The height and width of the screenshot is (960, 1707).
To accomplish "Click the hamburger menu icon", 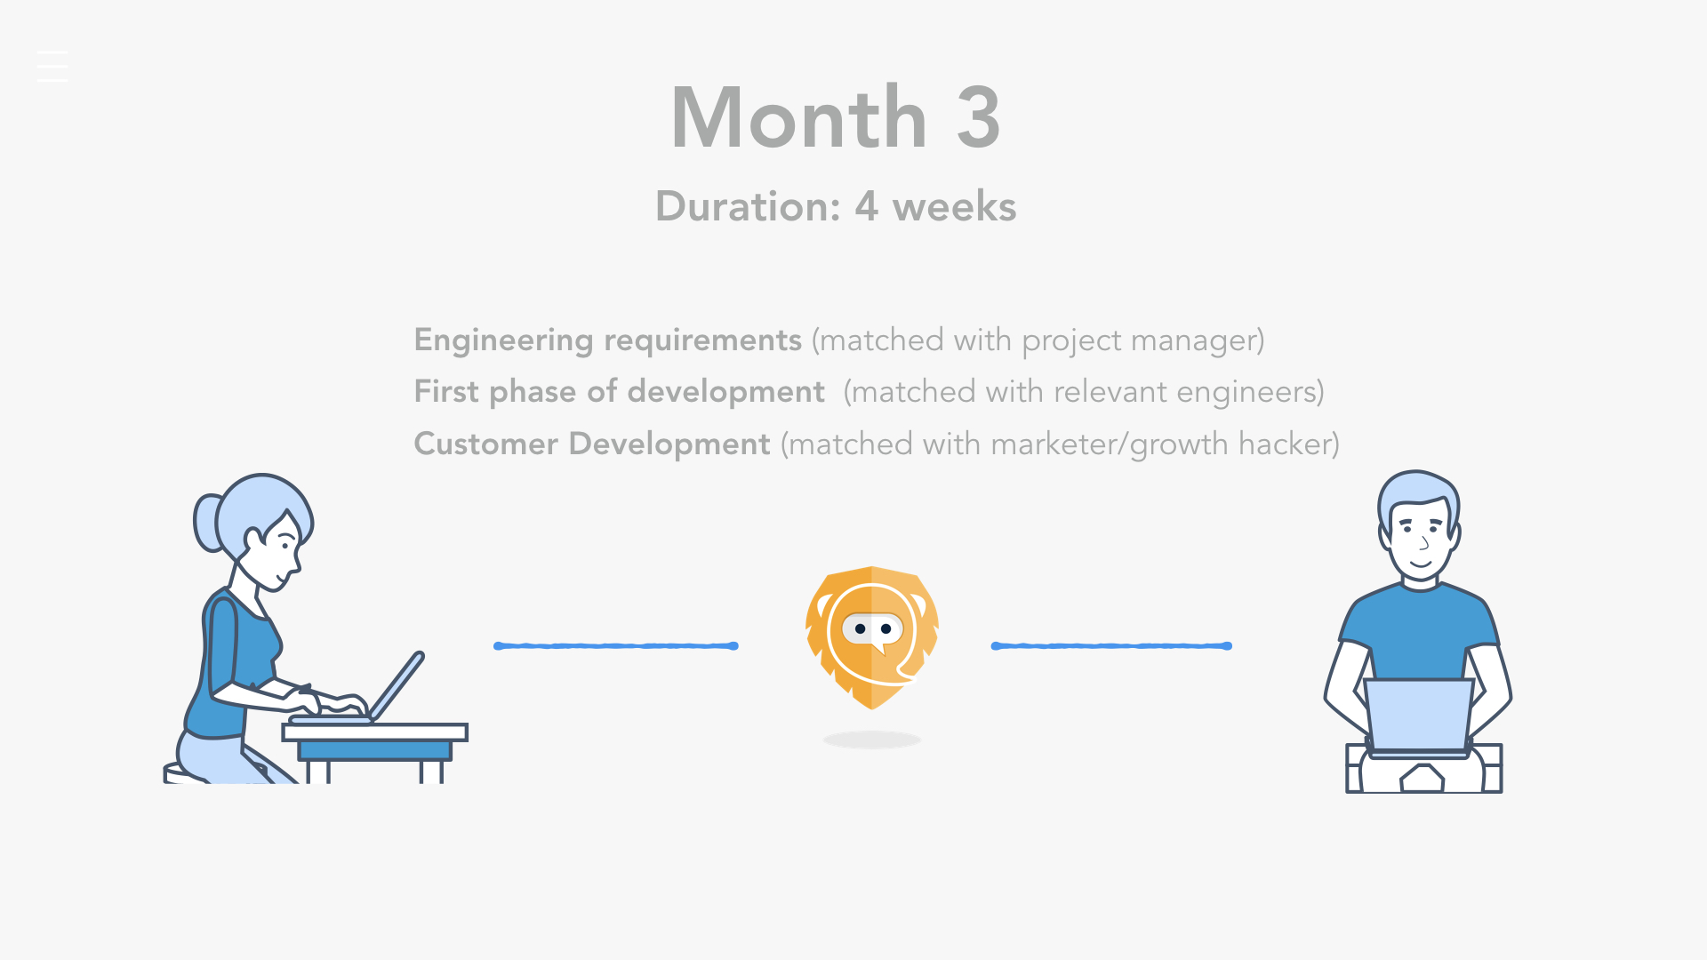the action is (x=52, y=67).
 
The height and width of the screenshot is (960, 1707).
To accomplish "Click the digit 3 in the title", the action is (x=978, y=117).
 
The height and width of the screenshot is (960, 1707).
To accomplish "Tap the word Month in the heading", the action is (x=799, y=117).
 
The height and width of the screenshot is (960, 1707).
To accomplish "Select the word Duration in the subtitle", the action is (x=748, y=206).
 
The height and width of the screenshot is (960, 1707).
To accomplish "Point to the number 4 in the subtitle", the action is (x=867, y=206).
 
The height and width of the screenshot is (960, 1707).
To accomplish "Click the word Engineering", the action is (x=503, y=340).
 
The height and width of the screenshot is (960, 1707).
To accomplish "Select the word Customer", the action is (x=486, y=444).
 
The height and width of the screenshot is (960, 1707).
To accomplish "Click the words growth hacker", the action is (x=1230, y=444).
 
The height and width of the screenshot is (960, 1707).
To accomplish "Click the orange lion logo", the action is (x=872, y=638).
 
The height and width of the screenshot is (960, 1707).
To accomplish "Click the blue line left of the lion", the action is (x=616, y=646).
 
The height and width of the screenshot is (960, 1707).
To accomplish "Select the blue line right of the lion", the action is (x=1111, y=646).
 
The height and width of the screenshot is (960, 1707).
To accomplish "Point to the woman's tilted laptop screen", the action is (x=397, y=685).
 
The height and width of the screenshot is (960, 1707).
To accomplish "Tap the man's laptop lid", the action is (x=1419, y=716).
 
